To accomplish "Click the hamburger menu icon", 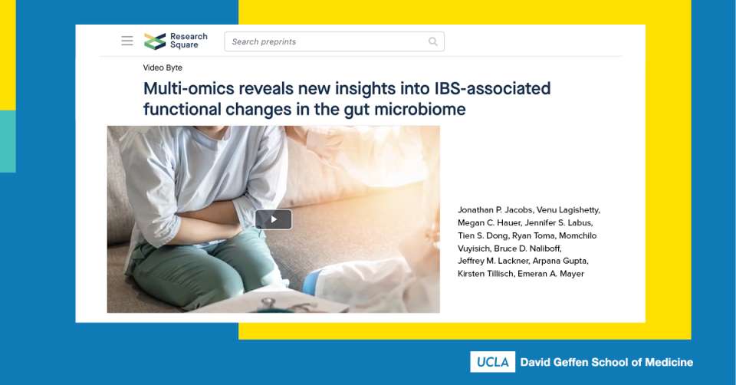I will (127, 41).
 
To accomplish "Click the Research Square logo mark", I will (155, 41).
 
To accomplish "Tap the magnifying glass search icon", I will (433, 41).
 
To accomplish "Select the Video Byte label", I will (163, 67).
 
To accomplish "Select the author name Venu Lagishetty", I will (568, 210).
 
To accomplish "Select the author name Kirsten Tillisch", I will (485, 274).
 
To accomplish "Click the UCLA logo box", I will (492, 362).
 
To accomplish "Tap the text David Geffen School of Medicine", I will (606, 362).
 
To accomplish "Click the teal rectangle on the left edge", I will (8, 141).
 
